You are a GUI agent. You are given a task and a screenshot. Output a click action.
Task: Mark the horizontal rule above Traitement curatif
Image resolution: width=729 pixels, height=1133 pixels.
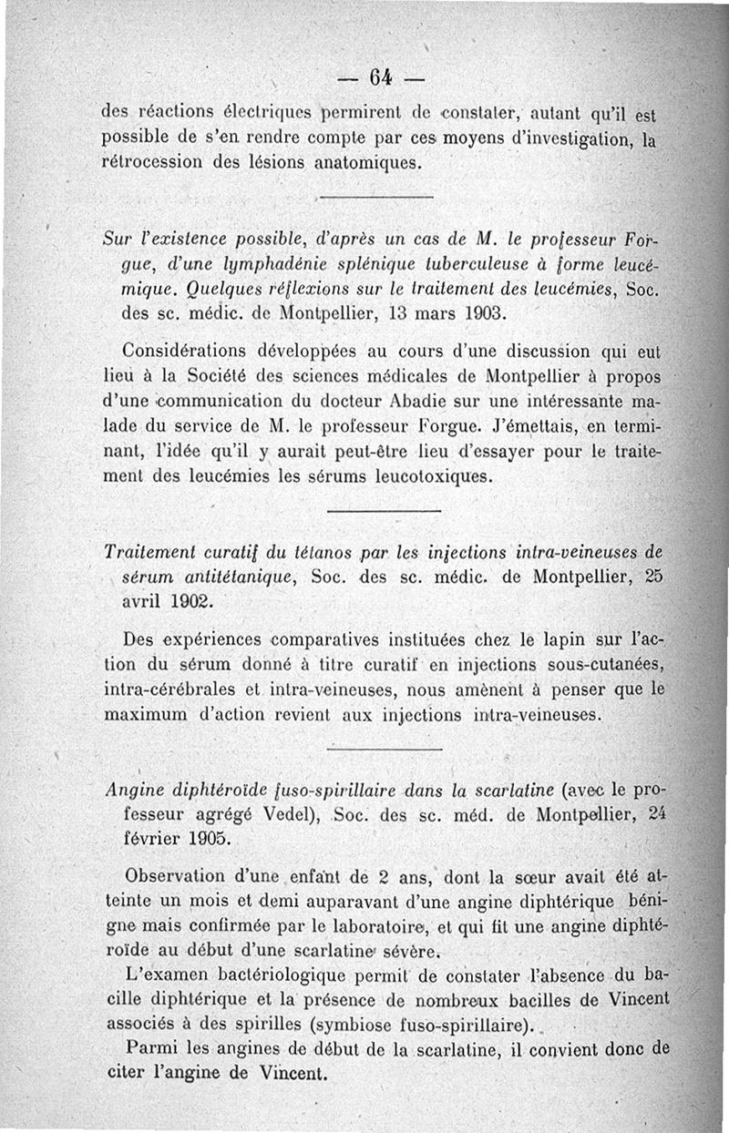click(x=383, y=512)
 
